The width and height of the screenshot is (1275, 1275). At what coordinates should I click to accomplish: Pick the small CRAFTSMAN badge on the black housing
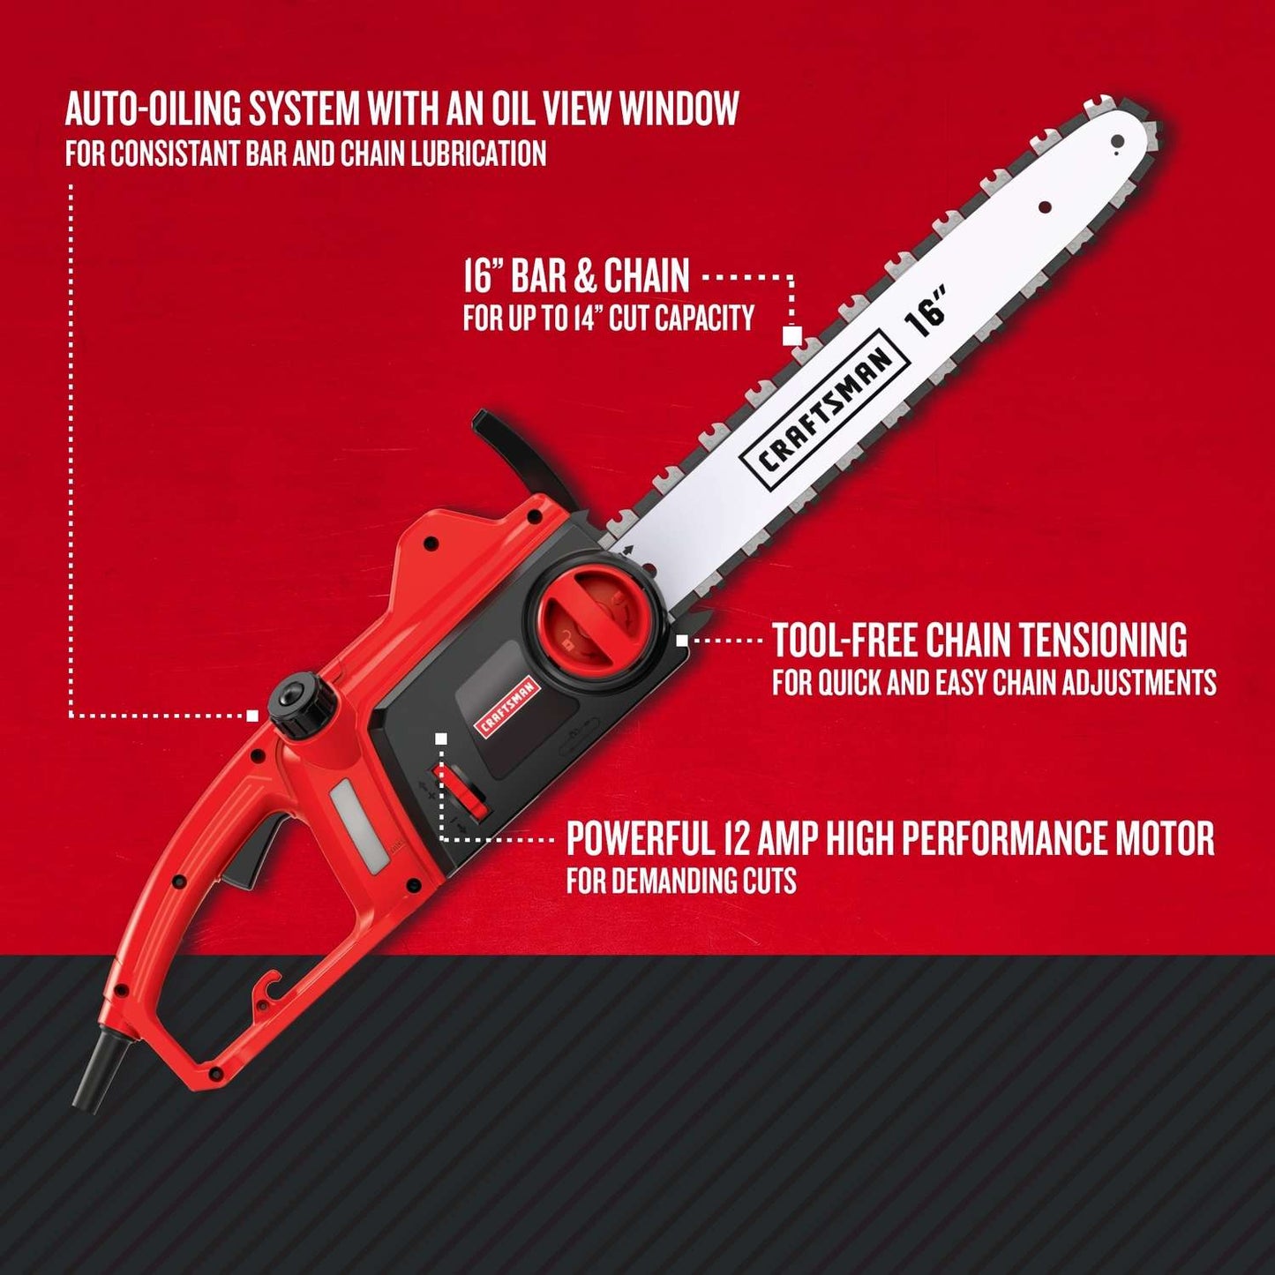click(x=508, y=706)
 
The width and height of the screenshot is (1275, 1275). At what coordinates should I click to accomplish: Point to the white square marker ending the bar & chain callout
click(x=791, y=336)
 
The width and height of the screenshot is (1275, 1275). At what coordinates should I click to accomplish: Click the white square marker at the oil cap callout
click(x=253, y=716)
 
